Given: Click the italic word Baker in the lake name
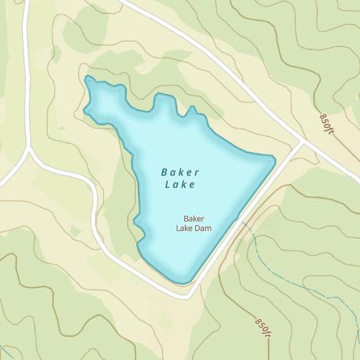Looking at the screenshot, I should pyautogui.click(x=180, y=172).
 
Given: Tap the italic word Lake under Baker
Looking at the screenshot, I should pyautogui.click(x=180, y=185).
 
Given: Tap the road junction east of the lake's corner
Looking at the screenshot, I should pyautogui.click(x=302, y=141).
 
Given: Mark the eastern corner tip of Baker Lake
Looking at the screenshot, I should pyautogui.click(x=274, y=160).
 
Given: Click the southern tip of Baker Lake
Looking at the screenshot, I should pyautogui.click(x=184, y=281).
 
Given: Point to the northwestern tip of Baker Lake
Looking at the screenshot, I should pyautogui.click(x=87, y=78).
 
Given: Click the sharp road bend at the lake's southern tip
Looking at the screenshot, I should pyautogui.click(x=189, y=295).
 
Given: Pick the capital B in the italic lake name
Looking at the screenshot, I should pyautogui.click(x=164, y=172).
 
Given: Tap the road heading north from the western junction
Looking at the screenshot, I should pyautogui.click(x=26, y=72).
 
